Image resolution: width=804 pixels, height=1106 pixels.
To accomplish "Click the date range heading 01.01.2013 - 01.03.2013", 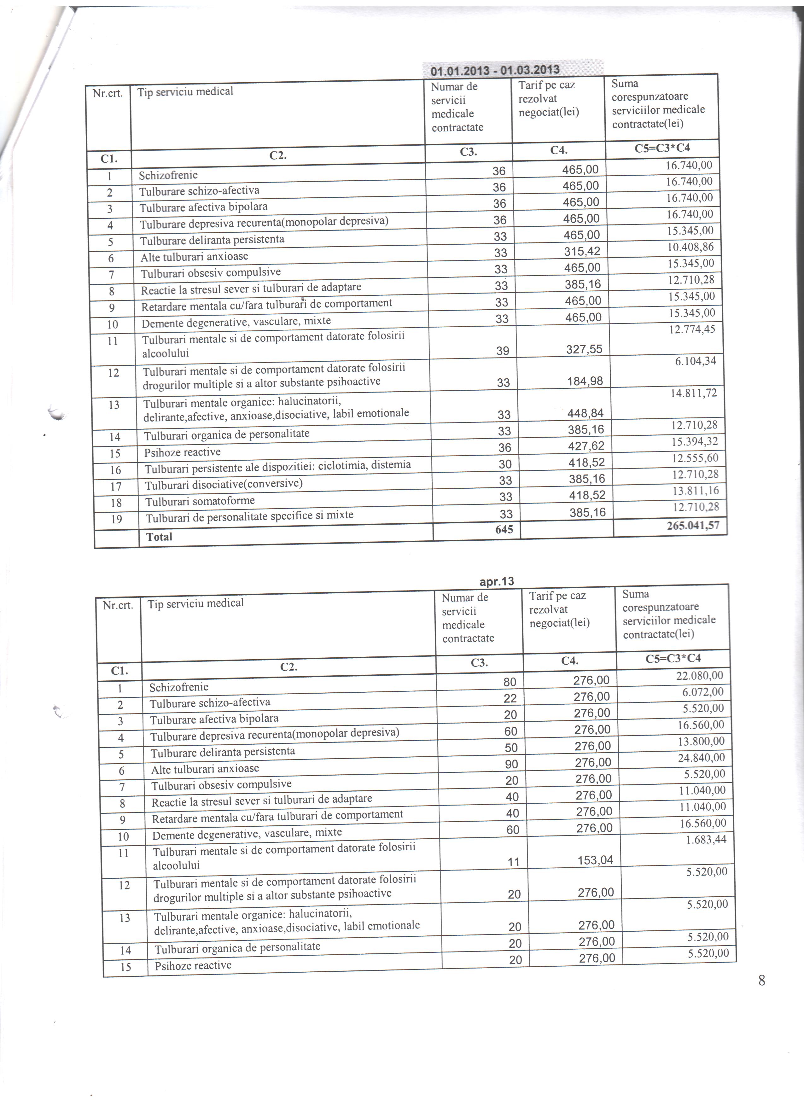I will (495, 70).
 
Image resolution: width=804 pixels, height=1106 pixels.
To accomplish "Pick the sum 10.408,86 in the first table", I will (690, 247).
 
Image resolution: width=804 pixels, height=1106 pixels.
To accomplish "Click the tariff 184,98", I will (585, 381).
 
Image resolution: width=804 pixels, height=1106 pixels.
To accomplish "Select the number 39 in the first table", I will (502, 351).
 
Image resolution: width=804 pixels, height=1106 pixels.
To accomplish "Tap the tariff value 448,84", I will (586, 413).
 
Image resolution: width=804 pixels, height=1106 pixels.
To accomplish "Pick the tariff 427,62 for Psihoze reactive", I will (586, 446).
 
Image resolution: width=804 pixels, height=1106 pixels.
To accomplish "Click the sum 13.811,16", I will (695, 491).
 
